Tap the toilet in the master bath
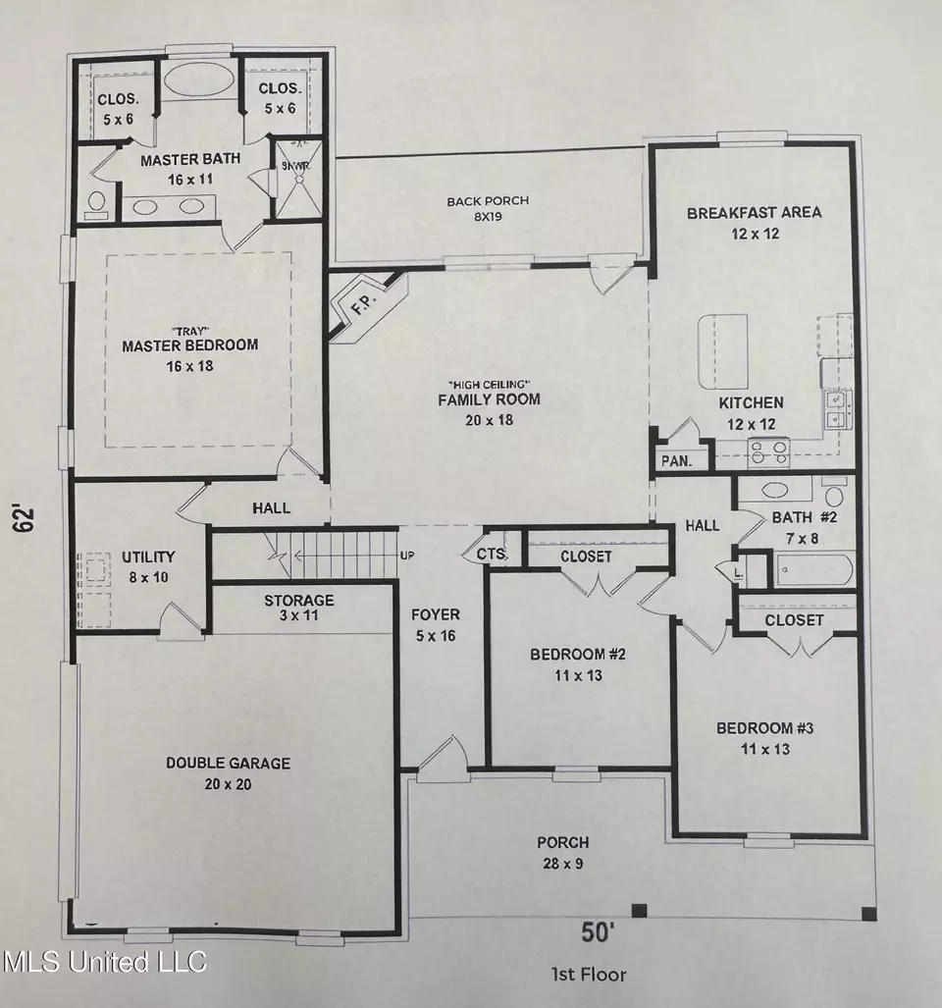click(97, 204)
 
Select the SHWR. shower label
click(297, 166)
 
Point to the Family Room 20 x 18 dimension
click(490, 420)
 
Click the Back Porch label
click(489, 200)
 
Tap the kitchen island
click(723, 351)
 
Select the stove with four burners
click(770, 451)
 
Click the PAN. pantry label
click(677, 461)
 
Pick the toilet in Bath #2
click(834, 493)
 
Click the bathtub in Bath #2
click(814, 569)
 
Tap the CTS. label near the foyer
click(493, 555)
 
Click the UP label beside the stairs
click(407, 555)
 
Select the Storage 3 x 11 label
click(299, 608)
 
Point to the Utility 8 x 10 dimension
click(148, 577)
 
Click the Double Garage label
click(228, 763)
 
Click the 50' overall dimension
click(599, 932)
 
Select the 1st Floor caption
click(589, 974)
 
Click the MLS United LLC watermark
click(105, 961)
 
